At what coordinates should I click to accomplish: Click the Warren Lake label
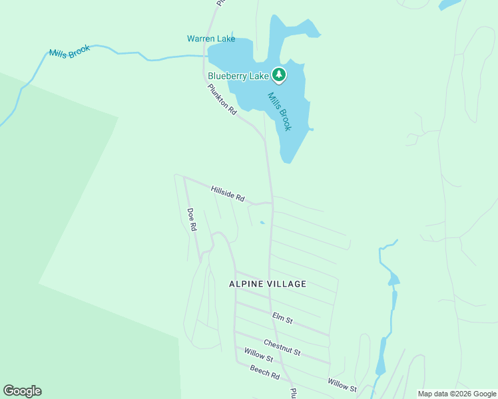(210, 39)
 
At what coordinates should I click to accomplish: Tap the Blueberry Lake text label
(238, 76)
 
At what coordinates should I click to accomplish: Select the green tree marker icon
(280, 75)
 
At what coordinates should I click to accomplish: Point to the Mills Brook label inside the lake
(279, 111)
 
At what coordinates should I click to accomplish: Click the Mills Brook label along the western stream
(69, 53)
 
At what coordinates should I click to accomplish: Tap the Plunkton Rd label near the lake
(222, 100)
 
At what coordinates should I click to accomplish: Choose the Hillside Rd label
(228, 194)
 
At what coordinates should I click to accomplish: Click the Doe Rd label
(192, 219)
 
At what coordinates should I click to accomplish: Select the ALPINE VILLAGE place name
(268, 284)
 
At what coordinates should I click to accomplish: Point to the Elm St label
(282, 319)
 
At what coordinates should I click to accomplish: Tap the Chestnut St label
(282, 346)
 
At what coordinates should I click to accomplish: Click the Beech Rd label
(264, 372)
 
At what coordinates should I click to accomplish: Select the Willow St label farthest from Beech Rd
(342, 384)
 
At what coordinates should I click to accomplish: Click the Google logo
(22, 391)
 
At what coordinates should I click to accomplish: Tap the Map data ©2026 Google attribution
(456, 394)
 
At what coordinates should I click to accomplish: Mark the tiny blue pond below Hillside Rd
(262, 222)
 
